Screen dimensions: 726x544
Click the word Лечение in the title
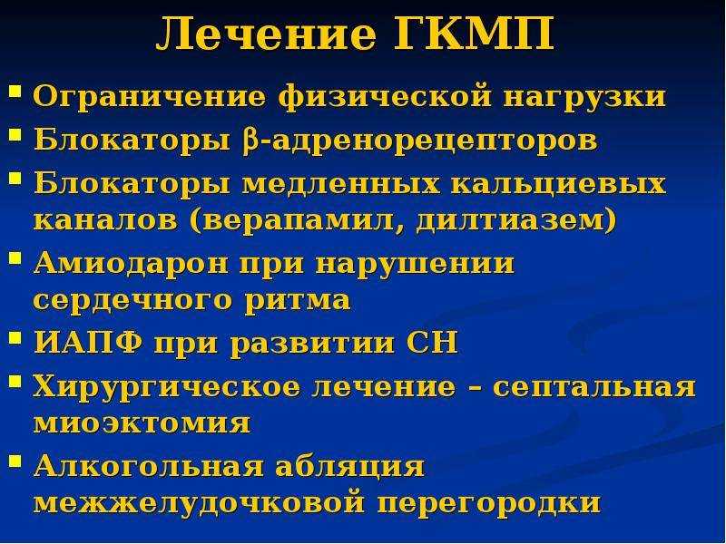tap(266, 34)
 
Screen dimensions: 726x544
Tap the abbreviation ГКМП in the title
tap(475, 34)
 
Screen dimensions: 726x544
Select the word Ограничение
tap(150, 97)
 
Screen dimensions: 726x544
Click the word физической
tap(384, 98)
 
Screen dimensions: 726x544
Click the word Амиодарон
tap(131, 263)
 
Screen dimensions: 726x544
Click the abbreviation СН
tap(432, 343)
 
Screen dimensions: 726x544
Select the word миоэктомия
tap(142, 423)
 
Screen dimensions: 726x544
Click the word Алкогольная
tap(149, 466)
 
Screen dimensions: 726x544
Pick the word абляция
tap(350, 466)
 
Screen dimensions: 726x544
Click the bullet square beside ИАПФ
tap(15, 339)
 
